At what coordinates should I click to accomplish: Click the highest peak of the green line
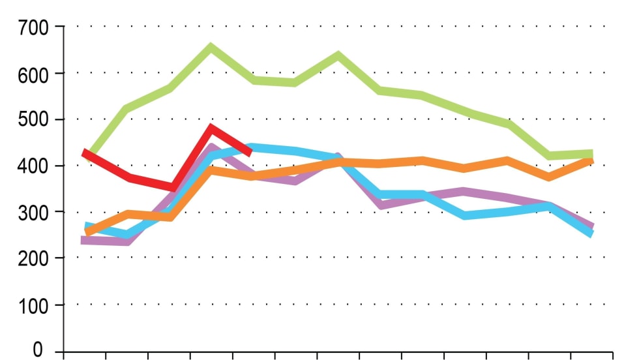pos(211,47)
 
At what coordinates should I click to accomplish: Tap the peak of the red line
pos(211,128)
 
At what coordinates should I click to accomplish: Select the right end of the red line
pos(250,153)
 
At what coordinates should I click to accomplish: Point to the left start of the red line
pos(85,153)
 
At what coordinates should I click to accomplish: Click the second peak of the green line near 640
pos(338,55)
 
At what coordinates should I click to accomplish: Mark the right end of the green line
pos(591,154)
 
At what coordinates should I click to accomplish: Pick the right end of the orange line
pos(591,159)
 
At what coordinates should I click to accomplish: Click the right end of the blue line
pos(591,233)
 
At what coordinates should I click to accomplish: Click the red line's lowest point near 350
pos(172,187)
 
